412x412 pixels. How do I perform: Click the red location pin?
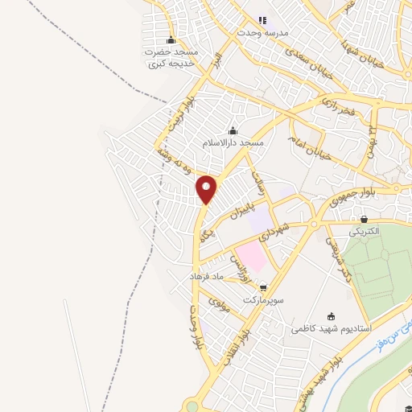[x=207, y=189]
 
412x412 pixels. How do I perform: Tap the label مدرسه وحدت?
[x=261, y=33]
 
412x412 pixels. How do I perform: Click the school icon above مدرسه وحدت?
[x=261, y=21]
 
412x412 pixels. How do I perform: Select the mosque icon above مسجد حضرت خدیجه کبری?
[x=170, y=40]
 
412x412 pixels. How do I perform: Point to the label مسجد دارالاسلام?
[x=233, y=142]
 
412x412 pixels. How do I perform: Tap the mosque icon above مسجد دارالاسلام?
[x=233, y=131]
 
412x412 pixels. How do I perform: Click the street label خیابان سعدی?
[x=309, y=54]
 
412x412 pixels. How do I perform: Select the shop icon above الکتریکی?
[x=365, y=219]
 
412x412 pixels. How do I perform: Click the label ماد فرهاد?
[x=205, y=276]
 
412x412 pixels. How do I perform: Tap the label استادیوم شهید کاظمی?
[x=330, y=329]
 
